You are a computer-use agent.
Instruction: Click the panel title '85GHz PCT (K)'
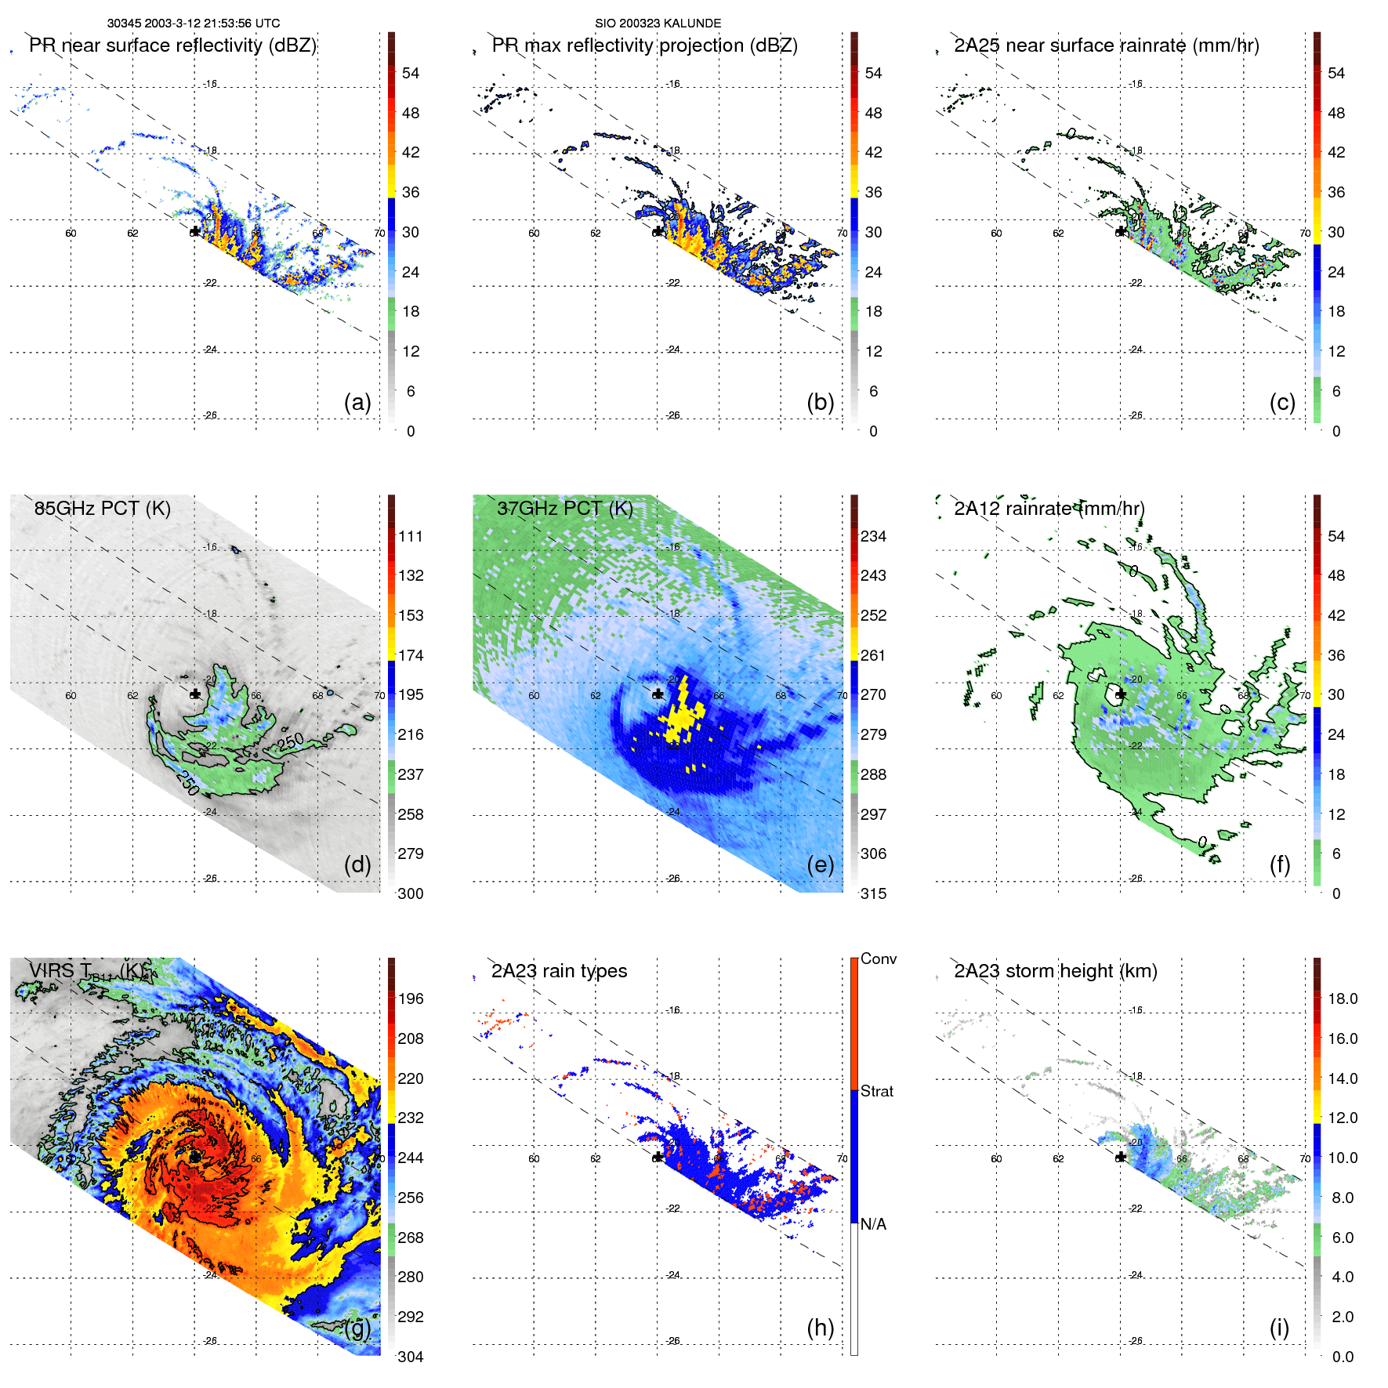coord(102,509)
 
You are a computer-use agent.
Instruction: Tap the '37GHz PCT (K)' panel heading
coord(564,509)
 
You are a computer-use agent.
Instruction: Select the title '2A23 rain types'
coord(559,971)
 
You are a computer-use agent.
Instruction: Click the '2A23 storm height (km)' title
coord(1055,971)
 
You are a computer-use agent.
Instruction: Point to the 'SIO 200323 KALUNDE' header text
coord(658,24)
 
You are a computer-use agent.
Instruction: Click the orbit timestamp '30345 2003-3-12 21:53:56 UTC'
coord(194,24)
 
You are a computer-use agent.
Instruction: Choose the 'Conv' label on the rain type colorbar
coord(878,959)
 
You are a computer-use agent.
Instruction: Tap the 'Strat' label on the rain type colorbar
coord(876,1091)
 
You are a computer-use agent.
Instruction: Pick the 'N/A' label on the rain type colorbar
coord(873,1224)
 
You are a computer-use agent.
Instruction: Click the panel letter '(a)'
coord(357,402)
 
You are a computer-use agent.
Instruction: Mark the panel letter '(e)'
coord(820,864)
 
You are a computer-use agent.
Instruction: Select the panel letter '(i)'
coord(1279,1328)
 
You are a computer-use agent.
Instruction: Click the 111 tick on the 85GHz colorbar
coord(411,536)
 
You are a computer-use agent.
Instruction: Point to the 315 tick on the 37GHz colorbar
coord(873,893)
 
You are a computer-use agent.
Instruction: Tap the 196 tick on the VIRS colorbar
coord(411,998)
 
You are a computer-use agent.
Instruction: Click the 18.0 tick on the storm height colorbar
coord(1342,998)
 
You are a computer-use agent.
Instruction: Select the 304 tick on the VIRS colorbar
coord(411,1357)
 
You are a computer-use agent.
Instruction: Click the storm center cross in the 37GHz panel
coord(658,694)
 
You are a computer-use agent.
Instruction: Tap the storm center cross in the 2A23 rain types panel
coord(658,1158)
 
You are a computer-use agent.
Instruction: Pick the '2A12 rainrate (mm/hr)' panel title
coord(1049,509)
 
